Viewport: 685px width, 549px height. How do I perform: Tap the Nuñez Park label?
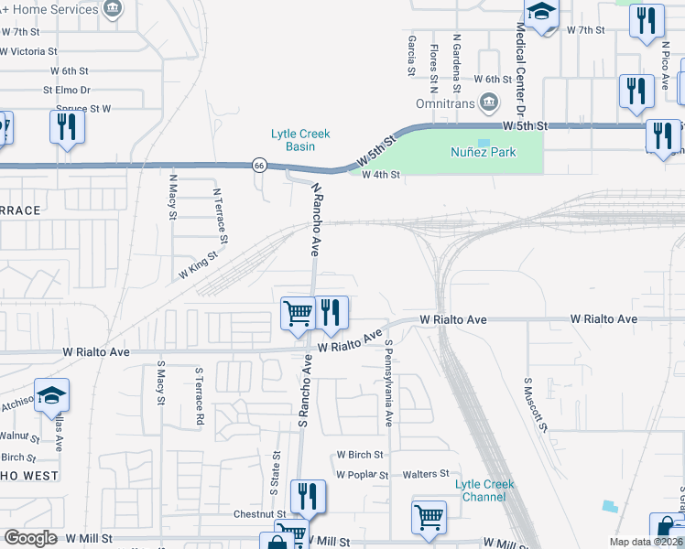click(x=484, y=153)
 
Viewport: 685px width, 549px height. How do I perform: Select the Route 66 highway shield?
click(x=260, y=166)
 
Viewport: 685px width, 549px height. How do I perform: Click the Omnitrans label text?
click(x=442, y=104)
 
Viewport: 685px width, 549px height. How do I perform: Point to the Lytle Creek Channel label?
click(x=485, y=490)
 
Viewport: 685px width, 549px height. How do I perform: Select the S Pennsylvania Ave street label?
click(x=389, y=384)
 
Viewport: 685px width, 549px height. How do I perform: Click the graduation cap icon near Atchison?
click(x=52, y=395)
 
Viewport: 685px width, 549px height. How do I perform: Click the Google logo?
click(x=30, y=538)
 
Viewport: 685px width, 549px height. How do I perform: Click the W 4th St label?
click(x=382, y=175)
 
